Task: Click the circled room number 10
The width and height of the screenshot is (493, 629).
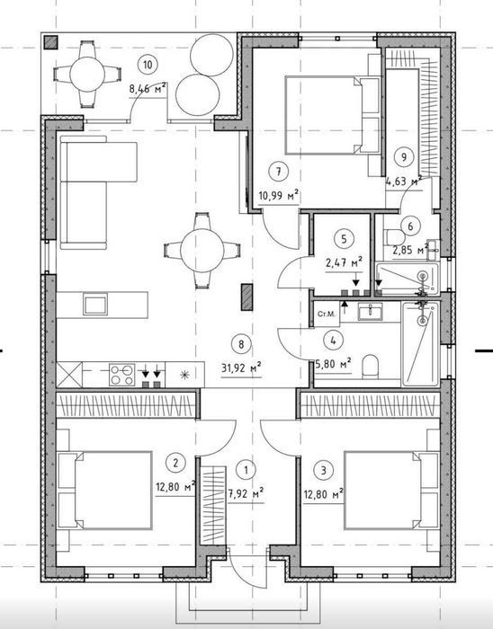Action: (148, 64)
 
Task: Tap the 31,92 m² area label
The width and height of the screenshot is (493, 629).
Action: (241, 367)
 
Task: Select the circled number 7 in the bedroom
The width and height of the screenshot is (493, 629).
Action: (279, 172)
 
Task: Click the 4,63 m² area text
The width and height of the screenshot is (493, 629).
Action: (404, 182)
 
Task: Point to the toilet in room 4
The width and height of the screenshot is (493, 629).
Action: (370, 366)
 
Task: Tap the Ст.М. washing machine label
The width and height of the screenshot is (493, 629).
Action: (326, 314)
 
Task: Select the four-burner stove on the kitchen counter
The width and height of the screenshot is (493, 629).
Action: (122, 375)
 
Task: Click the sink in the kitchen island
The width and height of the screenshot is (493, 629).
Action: (95, 304)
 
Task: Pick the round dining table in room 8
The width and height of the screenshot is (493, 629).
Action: (202, 251)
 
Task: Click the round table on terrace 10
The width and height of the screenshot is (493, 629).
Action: (87, 75)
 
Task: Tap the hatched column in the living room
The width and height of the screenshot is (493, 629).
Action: (246, 297)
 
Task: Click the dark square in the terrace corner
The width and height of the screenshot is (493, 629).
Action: (51, 42)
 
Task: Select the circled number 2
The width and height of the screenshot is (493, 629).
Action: (175, 463)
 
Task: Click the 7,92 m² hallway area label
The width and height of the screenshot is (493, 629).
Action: (246, 493)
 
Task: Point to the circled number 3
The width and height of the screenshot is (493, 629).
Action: (324, 470)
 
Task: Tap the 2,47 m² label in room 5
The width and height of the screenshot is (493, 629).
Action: (344, 262)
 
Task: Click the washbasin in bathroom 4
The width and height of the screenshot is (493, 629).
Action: (370, 312)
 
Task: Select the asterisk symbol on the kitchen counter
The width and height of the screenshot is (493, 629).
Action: (184, 375)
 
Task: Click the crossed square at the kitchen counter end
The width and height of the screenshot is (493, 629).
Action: (69, 375)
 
